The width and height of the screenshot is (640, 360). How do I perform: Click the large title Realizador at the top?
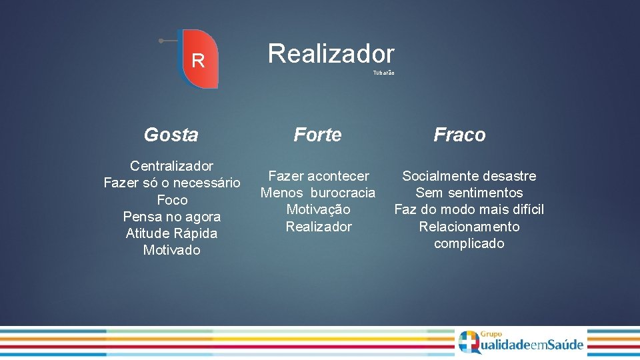coord(331,54)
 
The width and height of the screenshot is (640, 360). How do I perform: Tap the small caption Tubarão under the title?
coord(383,73)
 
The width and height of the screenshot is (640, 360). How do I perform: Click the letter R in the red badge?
coord(197,61)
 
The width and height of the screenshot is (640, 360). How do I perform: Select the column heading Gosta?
coord(171,135)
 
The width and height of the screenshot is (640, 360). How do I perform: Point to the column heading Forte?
coord(317,135)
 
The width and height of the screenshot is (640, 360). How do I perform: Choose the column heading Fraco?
coord(459,135)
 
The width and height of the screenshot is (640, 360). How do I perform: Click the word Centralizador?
coord(171,166)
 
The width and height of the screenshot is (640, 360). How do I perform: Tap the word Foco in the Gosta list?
coord(171,200)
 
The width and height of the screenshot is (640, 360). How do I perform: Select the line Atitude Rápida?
coord(171,233)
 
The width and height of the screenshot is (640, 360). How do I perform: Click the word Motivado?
coord(171,250)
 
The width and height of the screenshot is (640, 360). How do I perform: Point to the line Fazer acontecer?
coord(318,176)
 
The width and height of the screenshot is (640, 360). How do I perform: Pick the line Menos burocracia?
coord(318,193)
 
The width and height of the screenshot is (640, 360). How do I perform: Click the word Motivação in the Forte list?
coord(318,209)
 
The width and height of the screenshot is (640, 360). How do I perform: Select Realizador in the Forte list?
coord(318,227)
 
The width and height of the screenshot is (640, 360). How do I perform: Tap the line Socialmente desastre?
coord(469,176)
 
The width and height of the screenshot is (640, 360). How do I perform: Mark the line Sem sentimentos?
coord(469,193)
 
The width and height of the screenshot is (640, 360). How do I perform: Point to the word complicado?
coord(469,243)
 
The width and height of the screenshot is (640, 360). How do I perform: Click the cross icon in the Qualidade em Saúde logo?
coord(469,341)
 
